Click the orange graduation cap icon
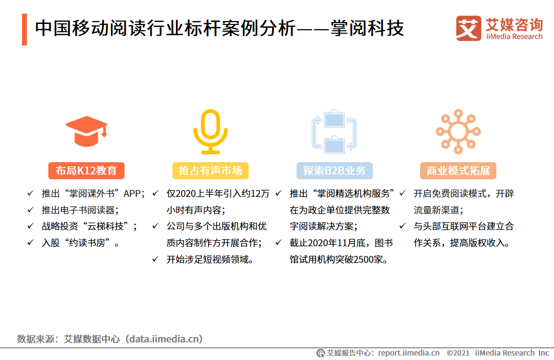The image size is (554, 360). click(86, 130)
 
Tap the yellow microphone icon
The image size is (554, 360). click(210, 131)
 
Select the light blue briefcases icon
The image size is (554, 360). click(335, 130)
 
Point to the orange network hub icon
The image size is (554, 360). click(458, 130)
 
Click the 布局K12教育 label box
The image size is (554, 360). click(86, 170)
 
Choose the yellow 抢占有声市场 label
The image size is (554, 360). click(210, 170)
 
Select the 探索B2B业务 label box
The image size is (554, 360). click(335, 170)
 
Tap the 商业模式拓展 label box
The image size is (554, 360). click(458, 170)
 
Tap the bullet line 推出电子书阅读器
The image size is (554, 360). click(80, 210)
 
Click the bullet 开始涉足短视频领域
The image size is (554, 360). click(211, 259)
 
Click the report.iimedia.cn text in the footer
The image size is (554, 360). click(408, 353)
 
